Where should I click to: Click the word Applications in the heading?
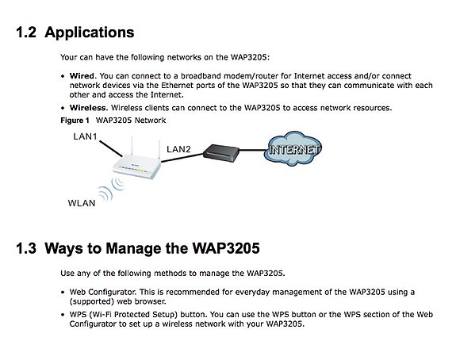[x=90, y=33]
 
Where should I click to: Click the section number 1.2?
[x=26, y=32]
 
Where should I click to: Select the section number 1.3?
[x=26, y=248]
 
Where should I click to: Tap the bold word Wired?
[x=82, y=76]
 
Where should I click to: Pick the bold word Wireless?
[x=89, y=108]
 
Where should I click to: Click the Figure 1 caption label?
[x=75, y=121]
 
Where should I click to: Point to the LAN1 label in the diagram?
[x=85, y=136]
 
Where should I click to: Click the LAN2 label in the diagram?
[x=178, y=149]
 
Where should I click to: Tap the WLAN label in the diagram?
[x=82, y=203]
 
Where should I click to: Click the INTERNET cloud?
[x=293, y=149]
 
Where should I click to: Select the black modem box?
[x=221, y=153]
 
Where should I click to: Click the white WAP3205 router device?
[x=136, y=165]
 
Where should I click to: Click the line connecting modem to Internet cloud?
[x=252, y=151]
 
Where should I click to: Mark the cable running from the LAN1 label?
[x=111, y=149]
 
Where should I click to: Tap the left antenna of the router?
[x=132, y=147]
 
